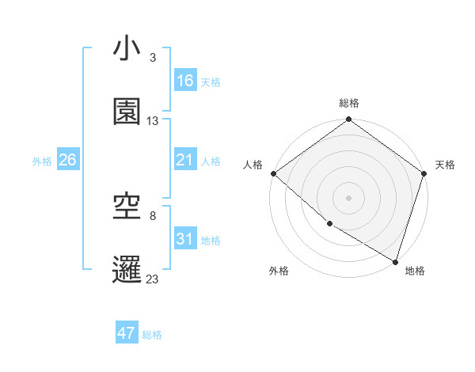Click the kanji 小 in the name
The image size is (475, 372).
click(x=127, y=50)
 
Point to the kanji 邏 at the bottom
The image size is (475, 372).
click(x=127, y=269)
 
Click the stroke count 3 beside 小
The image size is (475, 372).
click(x=153, y=58)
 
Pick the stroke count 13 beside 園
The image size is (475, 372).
click(x=153, y=121)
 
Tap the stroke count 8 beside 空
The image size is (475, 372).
click(x=153, y=215)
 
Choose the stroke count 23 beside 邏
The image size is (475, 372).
click(x=153, y=279)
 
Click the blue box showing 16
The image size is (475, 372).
click(x=184, y=81)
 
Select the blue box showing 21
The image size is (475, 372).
click(x=184, y=160)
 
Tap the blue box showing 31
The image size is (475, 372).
click(x=184, y=239)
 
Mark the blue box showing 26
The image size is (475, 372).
click(x=67, y=160)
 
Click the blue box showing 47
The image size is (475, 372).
click(x=126, y=333)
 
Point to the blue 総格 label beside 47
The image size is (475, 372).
click(x=153, y=335)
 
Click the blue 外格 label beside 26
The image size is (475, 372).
click(x=42, y=161)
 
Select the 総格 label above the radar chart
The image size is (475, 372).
click(x=349, y=104)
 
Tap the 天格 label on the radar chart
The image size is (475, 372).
click(x=445, y=165)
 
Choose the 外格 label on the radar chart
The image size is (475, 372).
click(x=279, y=271)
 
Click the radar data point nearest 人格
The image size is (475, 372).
click(x=273, y=173)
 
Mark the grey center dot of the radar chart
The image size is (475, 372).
click(x=349, y=197)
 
